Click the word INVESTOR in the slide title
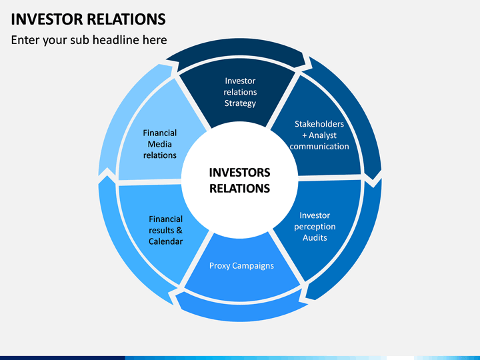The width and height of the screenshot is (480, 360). tap(47, 19)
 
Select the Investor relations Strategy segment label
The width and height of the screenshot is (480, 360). tap(240, 92)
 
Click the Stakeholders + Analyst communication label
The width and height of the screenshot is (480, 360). tap(319, 135)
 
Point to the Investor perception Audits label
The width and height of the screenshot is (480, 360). tap(315, 227)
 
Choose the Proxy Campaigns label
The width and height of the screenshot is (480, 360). tap(241, 266)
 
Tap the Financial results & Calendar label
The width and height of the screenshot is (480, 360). tap(165, 230)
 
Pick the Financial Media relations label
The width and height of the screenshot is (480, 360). tap(159, 144)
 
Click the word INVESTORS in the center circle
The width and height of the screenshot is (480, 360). tap(239, 173)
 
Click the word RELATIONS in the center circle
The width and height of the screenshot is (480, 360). tap(239, 188)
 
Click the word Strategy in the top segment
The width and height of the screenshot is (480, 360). tap(240, 103)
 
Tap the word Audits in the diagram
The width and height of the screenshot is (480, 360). tap(315, 237)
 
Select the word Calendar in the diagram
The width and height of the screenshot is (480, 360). tap(165, 241)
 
